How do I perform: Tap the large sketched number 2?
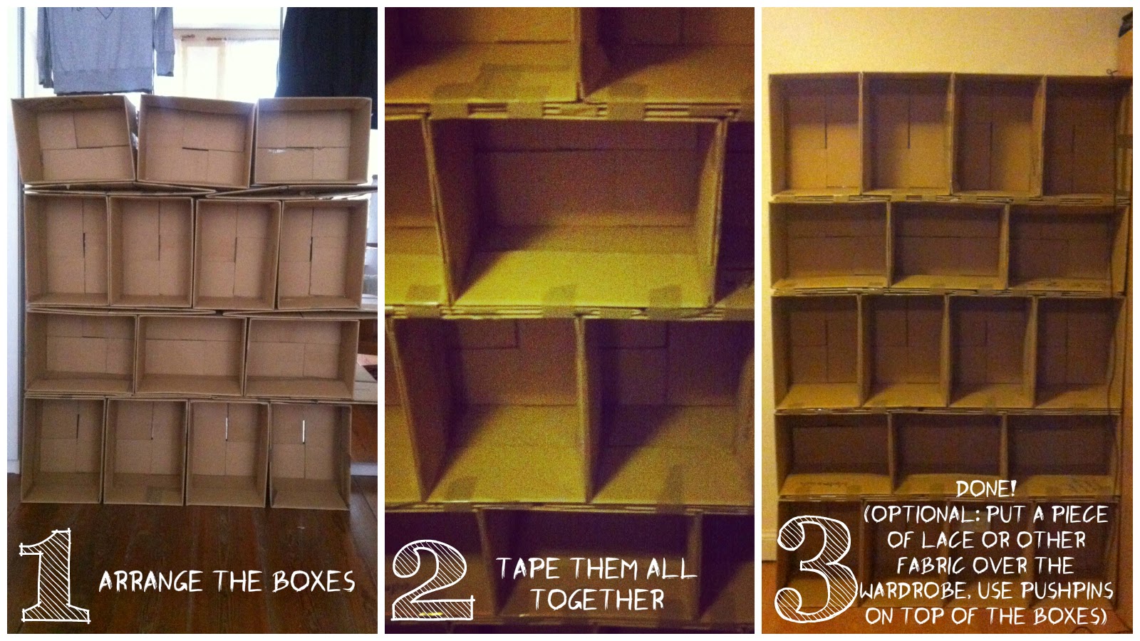click(x=432, y=580)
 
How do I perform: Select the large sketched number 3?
click(x=814, y=569)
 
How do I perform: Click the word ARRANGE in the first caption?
click(x=150, y=581)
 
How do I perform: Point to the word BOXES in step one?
click(x=313, y=581)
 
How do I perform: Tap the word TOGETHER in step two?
click(x=598, y=599)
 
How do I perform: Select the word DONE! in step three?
click(x=986, y=489)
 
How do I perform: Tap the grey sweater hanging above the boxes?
click(x=105, y=50)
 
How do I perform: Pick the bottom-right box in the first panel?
click(x=311, y=454)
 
